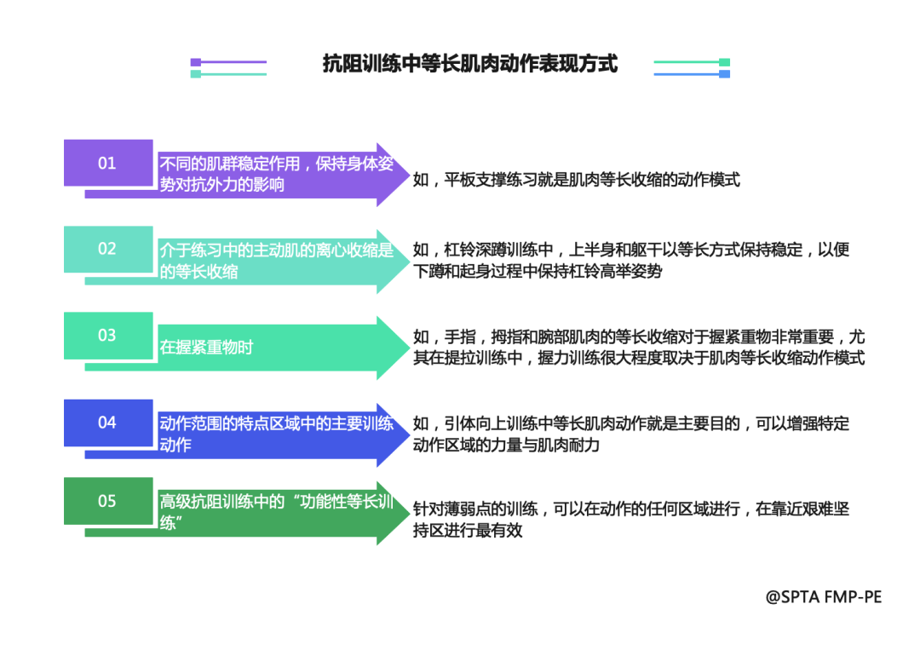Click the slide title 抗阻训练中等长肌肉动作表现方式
(469, 64)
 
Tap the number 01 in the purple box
(107, 163)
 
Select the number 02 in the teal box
(107, 249)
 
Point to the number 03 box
(107, 336)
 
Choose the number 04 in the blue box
(107, 423)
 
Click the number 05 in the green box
(107, 501)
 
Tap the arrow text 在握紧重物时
(206, 348)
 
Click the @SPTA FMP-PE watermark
(823, 596)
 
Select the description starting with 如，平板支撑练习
(576, 180)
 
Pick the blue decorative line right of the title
(691, 74)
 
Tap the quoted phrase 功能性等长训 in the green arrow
(345, 502)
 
